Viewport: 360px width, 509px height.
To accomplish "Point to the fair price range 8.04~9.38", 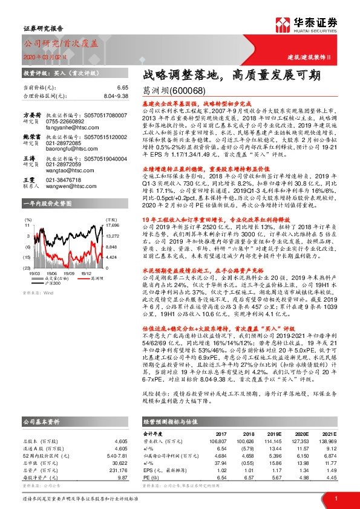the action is (115, 96).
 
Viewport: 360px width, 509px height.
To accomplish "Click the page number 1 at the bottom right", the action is (335, 499).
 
